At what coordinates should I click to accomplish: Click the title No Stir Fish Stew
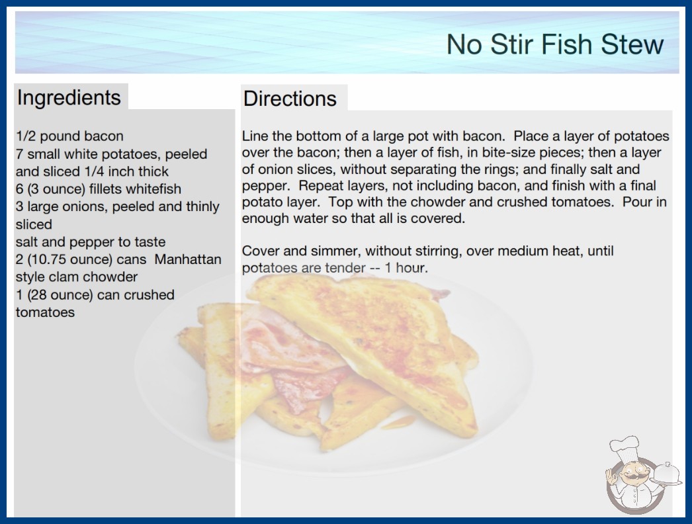coord(555,44)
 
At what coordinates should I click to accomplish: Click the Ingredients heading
coord(69,97)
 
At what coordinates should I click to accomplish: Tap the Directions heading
coord(290,99)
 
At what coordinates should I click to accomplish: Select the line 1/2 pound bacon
coord(69,136)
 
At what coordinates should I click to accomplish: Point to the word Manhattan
coord(188,259)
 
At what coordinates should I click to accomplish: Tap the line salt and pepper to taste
coord(91,242)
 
